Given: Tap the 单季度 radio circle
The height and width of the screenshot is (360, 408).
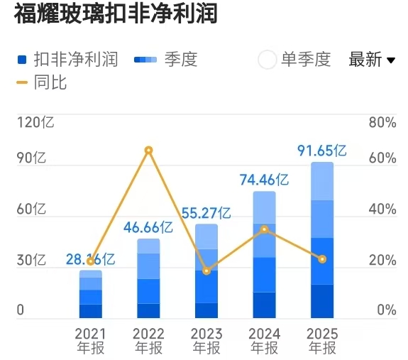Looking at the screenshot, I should (268, 60).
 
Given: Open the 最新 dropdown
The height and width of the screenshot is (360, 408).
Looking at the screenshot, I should (372, 60).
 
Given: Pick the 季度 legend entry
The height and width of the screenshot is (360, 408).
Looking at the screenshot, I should (165, 60).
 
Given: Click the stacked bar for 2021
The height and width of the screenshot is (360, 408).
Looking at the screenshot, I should (91, 294).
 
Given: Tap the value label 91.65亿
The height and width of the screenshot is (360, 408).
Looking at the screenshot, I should (322, 151).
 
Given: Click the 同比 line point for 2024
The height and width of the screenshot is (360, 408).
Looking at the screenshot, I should (264, 229).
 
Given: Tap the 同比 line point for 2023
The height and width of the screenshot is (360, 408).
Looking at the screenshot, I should (206, 271).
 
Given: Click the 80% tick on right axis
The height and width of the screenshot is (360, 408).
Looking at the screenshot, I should (382, 122).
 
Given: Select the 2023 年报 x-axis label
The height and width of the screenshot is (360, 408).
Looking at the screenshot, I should (206, 341).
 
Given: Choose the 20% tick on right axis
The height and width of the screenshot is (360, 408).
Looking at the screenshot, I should (382, 261).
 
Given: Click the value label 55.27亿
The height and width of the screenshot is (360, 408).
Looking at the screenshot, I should (206, 212).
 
